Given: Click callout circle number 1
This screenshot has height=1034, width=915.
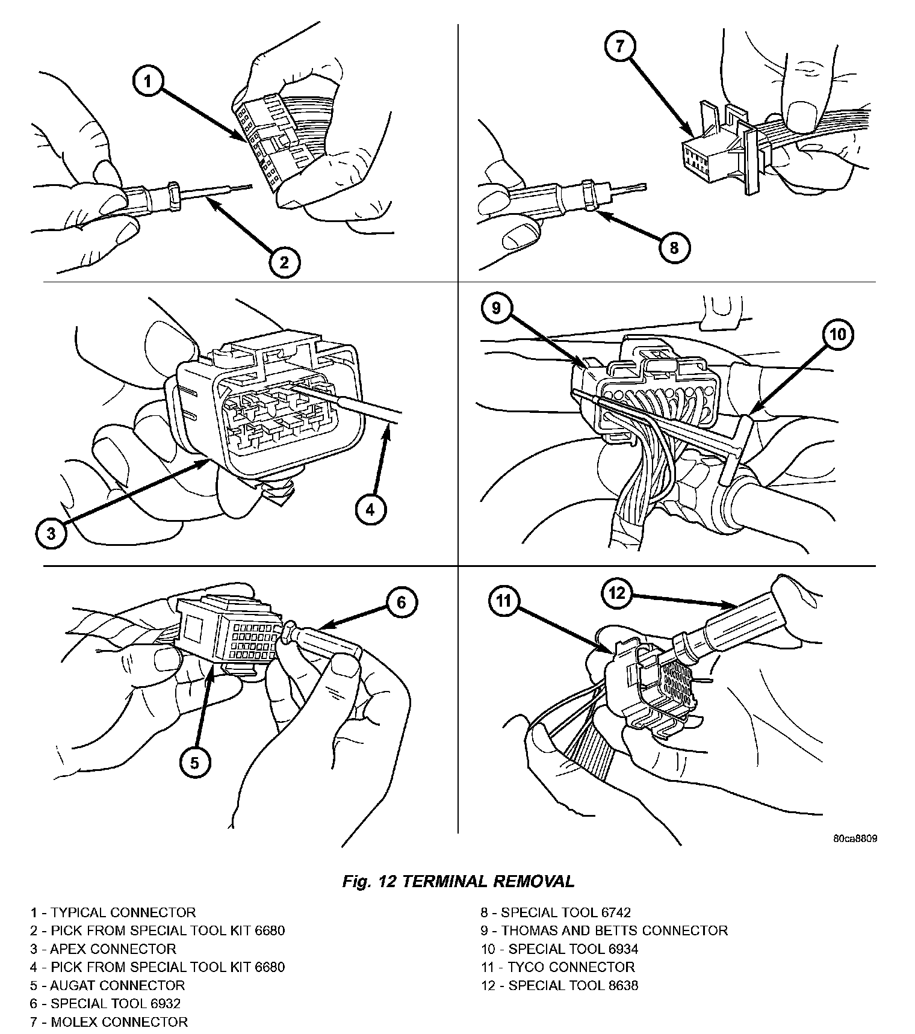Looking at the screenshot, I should pyautogui.click(x=148, y=82).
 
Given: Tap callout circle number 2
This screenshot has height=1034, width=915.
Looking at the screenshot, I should pyautogui.click(x=284, y=262).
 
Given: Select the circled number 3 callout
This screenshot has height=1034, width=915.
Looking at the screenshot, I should pyautogui.click(x=51, y=533).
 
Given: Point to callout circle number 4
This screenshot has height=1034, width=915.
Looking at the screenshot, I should pyautogui.click(x=370, y=510).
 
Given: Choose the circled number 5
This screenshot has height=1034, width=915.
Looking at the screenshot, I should pyautogui.click(x=194, y=763).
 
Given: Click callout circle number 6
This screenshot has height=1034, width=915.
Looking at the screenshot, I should pyautogui.click(x=402, y=602).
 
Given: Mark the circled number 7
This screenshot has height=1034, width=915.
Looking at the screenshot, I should pyautogui.click(x=621, y=46).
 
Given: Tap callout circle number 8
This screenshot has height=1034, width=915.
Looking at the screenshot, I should pyautogui.click(x=674, y=247).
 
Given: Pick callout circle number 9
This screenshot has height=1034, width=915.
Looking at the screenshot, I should pyautogui.click(x=496, y=308).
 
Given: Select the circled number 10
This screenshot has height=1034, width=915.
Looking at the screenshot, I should pyautogui.click(x=838, y=334).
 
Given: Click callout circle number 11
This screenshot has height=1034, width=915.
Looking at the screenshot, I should pyautogui.click(x=504, y=600).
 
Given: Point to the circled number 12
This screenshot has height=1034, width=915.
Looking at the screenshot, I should pyautogui.click(x=617, y=594).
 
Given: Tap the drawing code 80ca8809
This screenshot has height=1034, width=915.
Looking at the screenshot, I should pyautogui.click(x=855, y=838).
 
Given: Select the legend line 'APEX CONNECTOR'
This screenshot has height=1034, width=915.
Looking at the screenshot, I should pyautogui.click(x=103, y=949).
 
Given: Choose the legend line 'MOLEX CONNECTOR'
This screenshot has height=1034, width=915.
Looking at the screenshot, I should pyautogui.click(x=109, y=1022).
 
